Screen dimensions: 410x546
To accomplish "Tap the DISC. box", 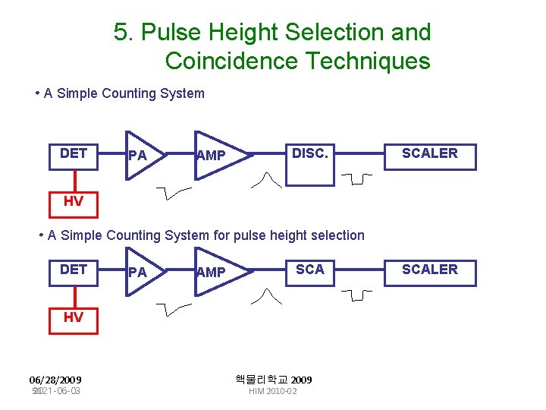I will [309, 162].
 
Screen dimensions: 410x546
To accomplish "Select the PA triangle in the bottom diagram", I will [141, 271].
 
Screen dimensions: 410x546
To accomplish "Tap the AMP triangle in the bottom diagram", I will [214, 271].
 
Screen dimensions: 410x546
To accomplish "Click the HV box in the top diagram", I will [74, 201].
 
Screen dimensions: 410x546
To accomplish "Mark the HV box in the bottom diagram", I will [74, 317].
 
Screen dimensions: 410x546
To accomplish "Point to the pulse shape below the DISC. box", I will [270, 180].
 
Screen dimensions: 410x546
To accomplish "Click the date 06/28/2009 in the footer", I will [55, 380].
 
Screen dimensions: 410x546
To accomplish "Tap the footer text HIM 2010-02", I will [273, 391].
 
